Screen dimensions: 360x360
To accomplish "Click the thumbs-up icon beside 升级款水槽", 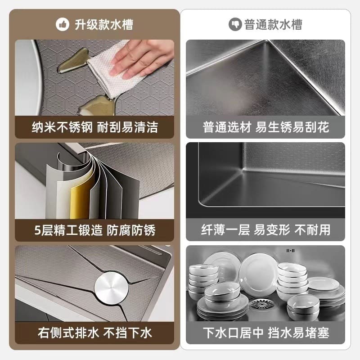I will pos(63,24).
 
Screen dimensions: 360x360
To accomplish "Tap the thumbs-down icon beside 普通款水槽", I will pos(235,24).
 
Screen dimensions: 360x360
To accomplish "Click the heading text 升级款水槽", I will pos(103,24).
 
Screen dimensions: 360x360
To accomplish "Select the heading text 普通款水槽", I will pos(273,24).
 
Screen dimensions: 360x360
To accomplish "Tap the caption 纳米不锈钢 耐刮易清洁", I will pos(94,127).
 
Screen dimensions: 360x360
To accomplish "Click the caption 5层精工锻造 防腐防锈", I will pos(94,230).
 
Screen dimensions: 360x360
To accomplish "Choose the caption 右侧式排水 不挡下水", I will pos(94,333).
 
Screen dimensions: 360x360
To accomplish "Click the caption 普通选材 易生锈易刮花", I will pos(265,127).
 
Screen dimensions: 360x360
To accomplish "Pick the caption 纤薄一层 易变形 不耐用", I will pos(265,230).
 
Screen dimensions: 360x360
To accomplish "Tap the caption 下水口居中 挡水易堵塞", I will pos(265,333).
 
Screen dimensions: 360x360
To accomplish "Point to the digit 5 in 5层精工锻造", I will pos(36,230).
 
